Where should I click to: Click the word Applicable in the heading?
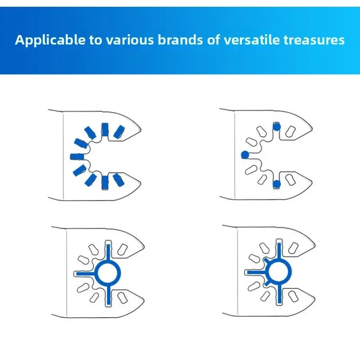50,40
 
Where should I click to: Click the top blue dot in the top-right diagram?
277,127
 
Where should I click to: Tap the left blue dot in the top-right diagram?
245,155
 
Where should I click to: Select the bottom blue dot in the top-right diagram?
276,183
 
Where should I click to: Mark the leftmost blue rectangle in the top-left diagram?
77,156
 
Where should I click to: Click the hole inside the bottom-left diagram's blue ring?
108,273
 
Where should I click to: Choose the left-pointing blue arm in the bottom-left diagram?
85,273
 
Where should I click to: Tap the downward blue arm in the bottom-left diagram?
108,294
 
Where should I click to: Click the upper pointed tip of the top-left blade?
141,125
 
